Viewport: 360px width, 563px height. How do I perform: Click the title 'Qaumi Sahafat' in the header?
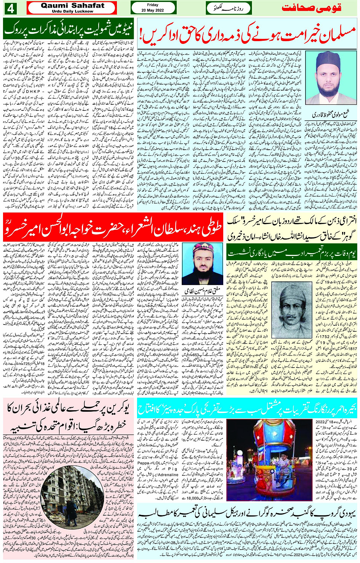click(72, 6)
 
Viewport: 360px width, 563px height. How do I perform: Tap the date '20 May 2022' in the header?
click(152, 10)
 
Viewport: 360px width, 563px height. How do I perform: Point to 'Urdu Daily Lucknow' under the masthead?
click(72, 11)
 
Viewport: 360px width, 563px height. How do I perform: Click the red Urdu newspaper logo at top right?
click(318, 8)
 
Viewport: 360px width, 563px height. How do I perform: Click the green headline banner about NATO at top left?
click(69, 29)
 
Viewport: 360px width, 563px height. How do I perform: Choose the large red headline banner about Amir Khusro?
click(113, 227)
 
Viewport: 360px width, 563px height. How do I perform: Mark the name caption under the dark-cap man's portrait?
click(331, 115)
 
